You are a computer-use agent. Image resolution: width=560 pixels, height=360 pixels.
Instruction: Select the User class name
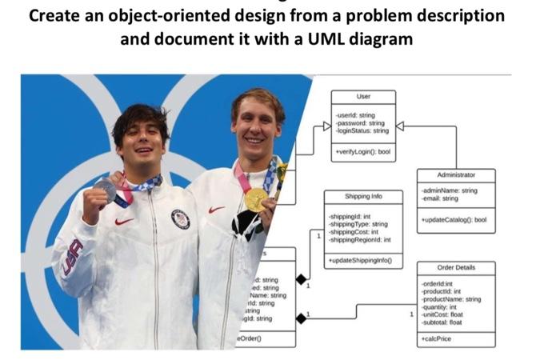[363, 97]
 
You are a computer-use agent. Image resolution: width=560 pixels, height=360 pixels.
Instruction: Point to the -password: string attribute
[361, 122]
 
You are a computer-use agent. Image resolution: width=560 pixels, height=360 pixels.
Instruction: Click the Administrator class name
[456, 174]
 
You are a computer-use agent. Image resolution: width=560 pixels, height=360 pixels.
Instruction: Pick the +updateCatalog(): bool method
[454, 218]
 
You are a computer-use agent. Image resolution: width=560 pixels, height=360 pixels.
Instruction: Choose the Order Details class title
[456, 267]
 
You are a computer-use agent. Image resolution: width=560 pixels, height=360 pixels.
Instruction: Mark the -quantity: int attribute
[439, 307]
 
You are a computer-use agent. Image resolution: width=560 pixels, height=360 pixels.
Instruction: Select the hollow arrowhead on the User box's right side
[400, 126]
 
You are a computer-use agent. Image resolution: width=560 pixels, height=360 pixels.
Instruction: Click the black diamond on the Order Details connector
[301, 318]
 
